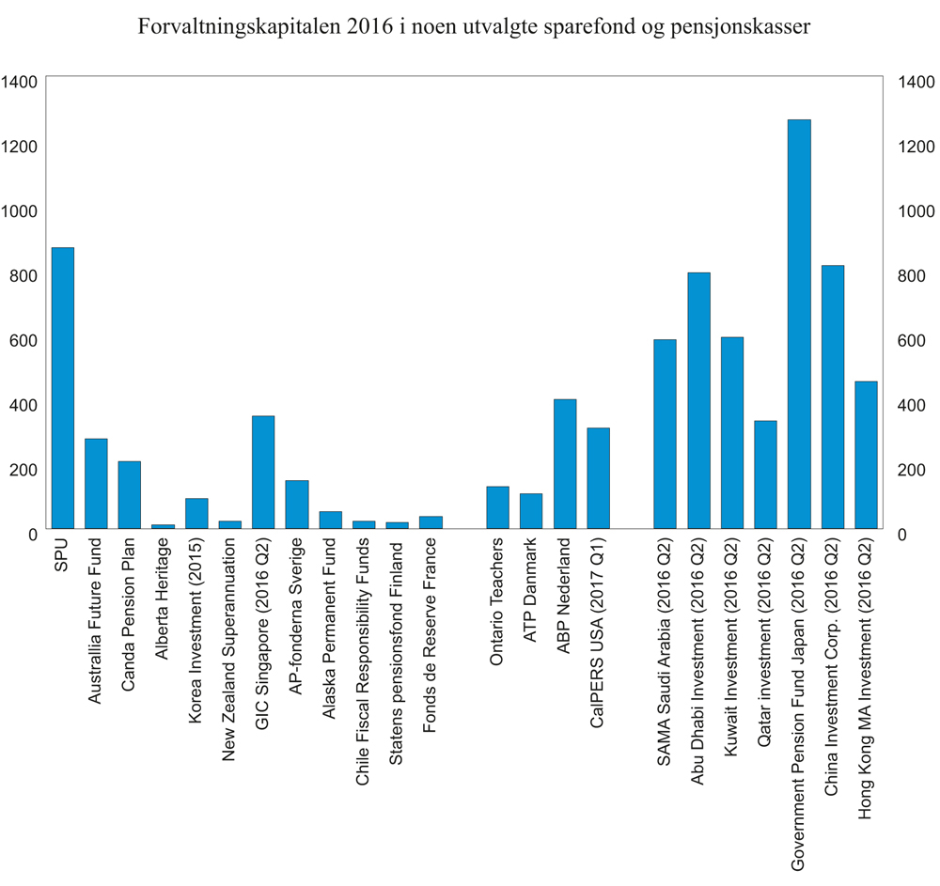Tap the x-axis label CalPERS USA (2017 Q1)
pos(599,624)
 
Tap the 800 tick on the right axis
pos(916,276)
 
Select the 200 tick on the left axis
pos(23,469)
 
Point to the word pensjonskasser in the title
pos(737,27)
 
